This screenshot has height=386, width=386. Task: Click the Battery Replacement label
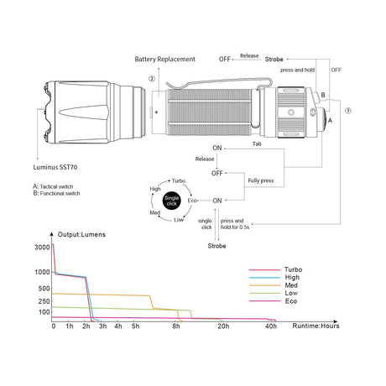coord(164,60)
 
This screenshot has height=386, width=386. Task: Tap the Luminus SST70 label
coord(55,167)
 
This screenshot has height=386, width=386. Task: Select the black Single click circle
coord(171,201)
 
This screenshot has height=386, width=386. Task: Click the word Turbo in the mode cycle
coord(179,181)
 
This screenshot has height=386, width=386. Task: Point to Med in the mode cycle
coord(155,212)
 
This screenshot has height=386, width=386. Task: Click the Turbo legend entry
coord(275,269)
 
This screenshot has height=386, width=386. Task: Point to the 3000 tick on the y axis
coord(42,248)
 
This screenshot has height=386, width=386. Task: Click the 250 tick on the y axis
coord(44,301)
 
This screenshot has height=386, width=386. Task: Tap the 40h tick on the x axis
coord(271,326)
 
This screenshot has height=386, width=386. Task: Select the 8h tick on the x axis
coord(176,326)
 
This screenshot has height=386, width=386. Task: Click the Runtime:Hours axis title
coord(316,326)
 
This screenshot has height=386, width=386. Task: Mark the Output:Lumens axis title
coord(81,234)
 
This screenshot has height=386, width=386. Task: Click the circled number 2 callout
coord(152,79)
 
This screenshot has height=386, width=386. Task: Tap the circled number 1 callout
coord(348,111)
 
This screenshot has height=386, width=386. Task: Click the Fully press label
coord(261,180)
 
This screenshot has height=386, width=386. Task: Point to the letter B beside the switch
coord(323,95)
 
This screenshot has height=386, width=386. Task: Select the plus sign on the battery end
coord(156,112)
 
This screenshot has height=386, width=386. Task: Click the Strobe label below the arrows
coord(216,246)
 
